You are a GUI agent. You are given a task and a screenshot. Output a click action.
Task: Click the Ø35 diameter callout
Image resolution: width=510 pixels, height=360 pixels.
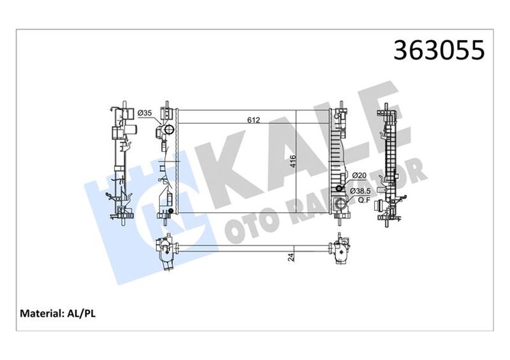pyautogui.click(x=145, y=113)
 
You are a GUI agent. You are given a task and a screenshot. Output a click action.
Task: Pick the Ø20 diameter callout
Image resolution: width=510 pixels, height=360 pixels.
pyautogui.click(x=360, y=176)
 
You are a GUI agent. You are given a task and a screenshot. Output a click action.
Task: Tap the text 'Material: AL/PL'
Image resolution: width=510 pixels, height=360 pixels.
pyautogui.click(x=59, y=313)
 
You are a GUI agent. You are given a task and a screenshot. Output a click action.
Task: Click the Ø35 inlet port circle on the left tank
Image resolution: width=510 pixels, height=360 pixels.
pyautogui.click(x=169, y=131)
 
